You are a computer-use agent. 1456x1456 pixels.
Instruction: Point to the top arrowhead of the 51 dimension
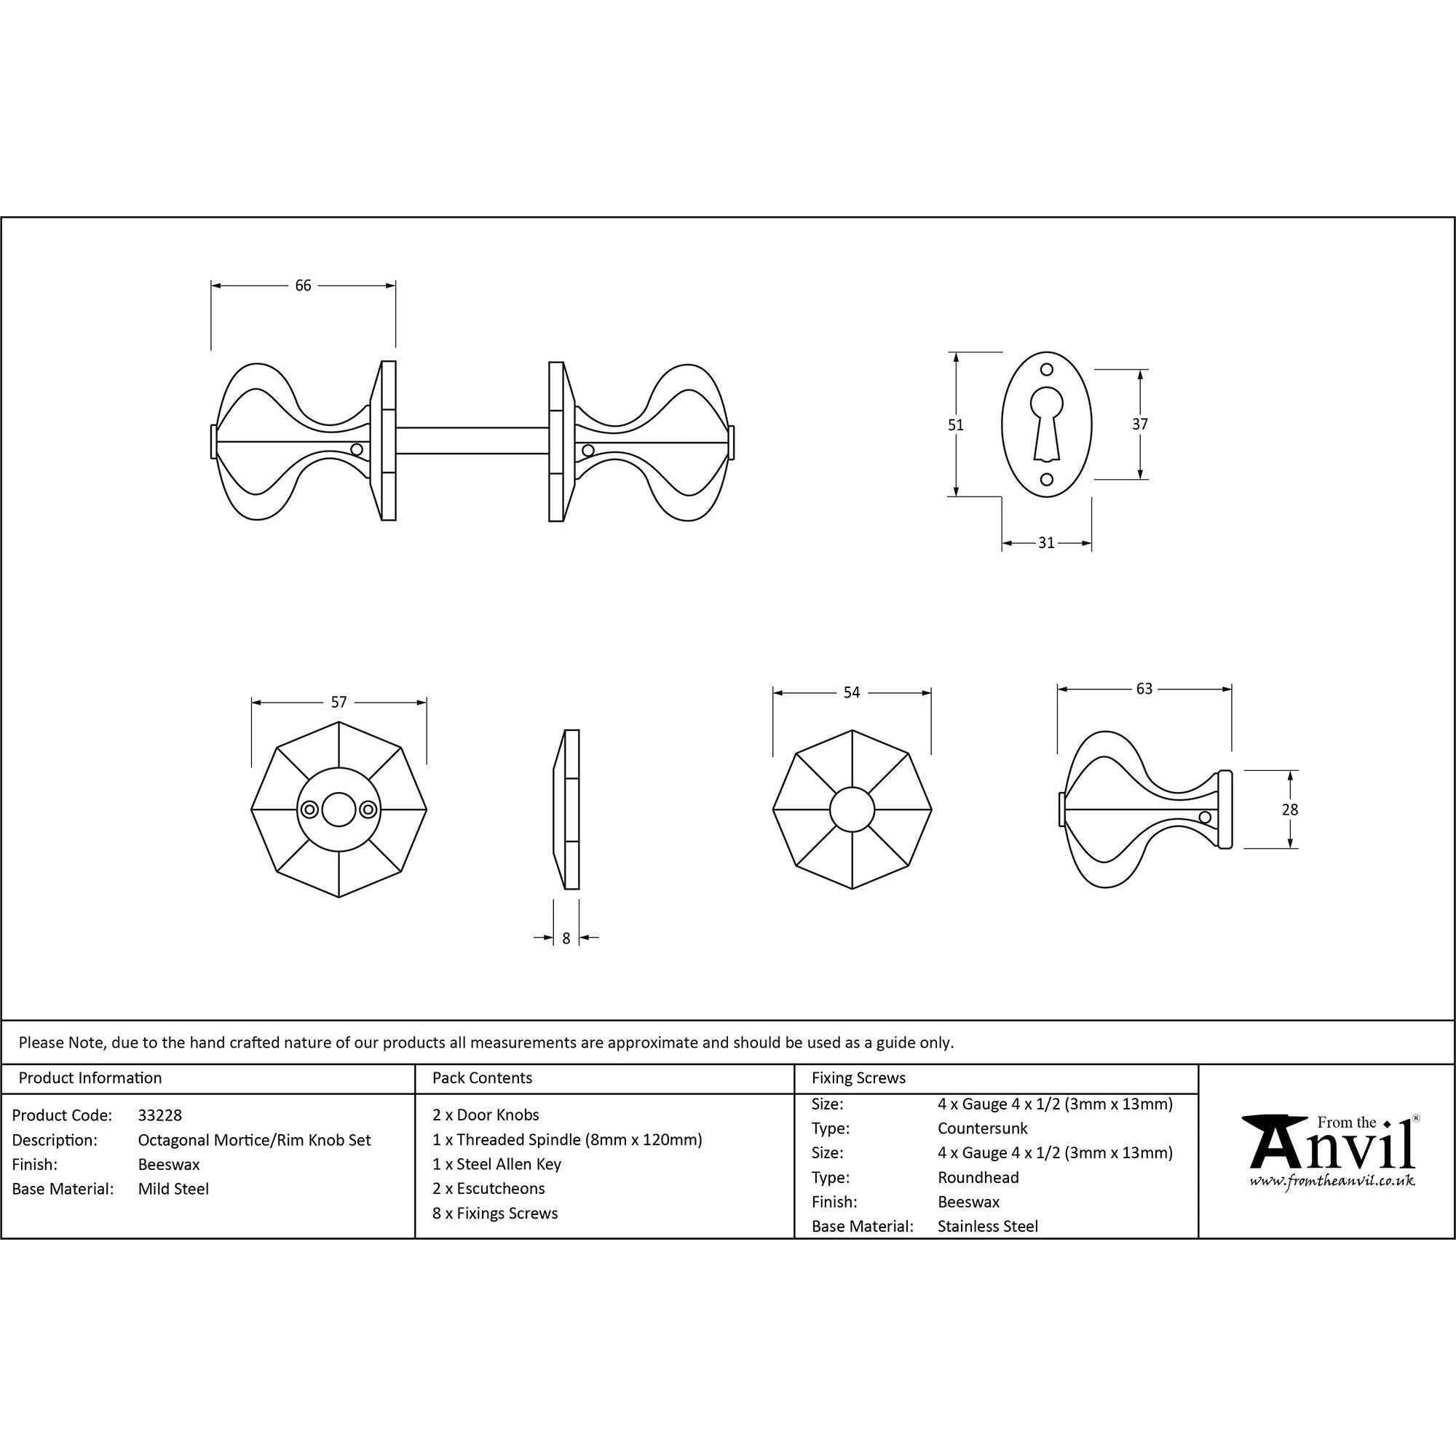[956, 357]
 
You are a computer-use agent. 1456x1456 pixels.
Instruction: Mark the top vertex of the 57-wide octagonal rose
[339, 721]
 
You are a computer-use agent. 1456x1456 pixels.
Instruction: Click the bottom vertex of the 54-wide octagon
[852, 890]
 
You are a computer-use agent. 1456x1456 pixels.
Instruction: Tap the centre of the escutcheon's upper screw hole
[1047, 369]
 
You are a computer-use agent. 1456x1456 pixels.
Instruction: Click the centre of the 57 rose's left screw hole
[309, 810]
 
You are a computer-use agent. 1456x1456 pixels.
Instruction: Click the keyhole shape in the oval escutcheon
[1047, 423]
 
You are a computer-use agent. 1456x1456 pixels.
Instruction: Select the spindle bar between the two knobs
[472, 440]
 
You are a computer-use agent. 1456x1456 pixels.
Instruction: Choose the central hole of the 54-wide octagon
[852, 810]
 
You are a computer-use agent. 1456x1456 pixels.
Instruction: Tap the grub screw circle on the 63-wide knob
[1204, 817]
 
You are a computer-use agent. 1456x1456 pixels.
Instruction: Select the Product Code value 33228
[159, 1115]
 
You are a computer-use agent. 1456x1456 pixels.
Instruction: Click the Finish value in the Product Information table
[169, 1164]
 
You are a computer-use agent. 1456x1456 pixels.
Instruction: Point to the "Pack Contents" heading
[483, 1077]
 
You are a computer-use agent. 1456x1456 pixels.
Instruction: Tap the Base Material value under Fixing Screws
[987, 1226]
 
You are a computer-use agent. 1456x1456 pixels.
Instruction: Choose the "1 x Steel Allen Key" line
[496, 1164]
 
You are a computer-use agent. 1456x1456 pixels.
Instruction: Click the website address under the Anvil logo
[1332, 1181]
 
